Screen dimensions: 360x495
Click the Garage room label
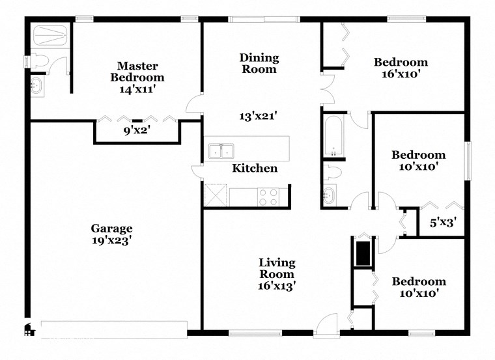point(111,228)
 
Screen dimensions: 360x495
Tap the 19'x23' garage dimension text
point(111,240)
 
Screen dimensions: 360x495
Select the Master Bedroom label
point(136,72)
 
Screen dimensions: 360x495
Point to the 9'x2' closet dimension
point(137,129)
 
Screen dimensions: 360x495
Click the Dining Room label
point(259,63)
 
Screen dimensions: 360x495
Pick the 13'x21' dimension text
point(259,116)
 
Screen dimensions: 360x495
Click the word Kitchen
point(255,169)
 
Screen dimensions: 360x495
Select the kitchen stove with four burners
point(268,197)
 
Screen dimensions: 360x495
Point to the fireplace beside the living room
point(362,252)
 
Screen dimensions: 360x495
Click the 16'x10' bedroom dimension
point(401,74)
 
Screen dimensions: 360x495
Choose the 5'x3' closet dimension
point(442,223)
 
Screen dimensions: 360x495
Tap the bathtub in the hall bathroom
point(333,137)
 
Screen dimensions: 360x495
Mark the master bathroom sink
point(36,85)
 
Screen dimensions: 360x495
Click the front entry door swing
point(326,324)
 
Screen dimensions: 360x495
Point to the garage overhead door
point(114,327)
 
